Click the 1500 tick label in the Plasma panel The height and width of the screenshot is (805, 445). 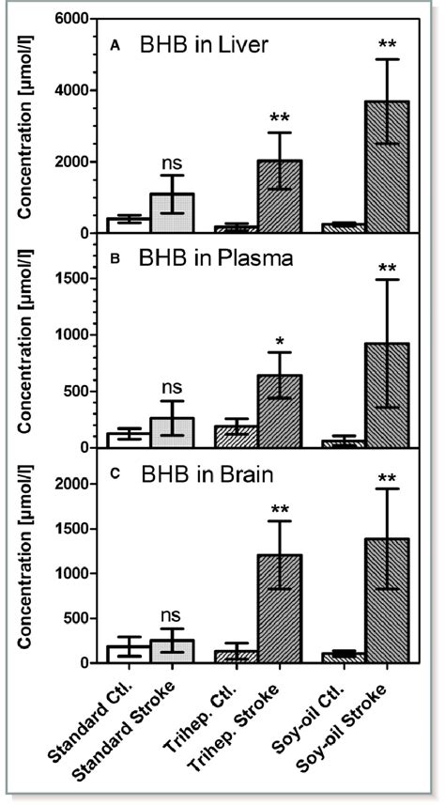click(x=81, y=279)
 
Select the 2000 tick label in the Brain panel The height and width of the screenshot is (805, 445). click(x=81, y=485)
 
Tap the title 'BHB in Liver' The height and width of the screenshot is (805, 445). click(x=198, y=44)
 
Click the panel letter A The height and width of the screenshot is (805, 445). click(x=114, y=43)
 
